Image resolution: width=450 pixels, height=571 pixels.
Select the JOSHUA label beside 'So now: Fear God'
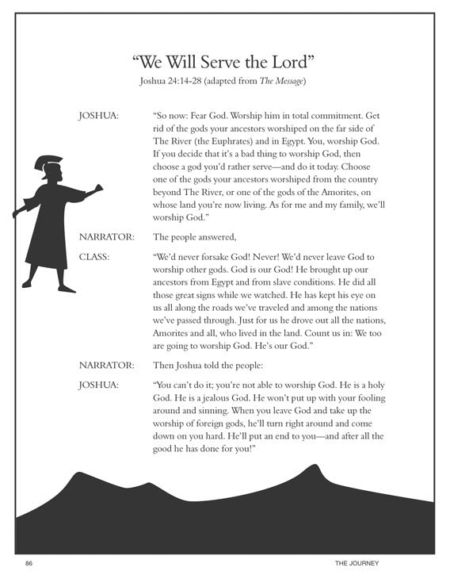[98, 116]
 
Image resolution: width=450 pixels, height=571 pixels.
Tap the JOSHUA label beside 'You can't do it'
[98, 385]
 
